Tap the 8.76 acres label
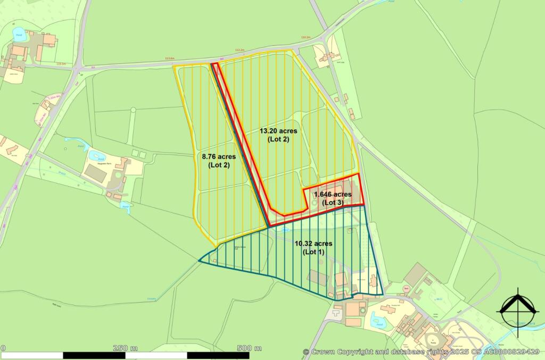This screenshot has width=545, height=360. [218, 157]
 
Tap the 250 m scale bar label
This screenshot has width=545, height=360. [126, 348]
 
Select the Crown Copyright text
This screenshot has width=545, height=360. [337, 351]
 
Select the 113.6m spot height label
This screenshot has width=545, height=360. [170, 58]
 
